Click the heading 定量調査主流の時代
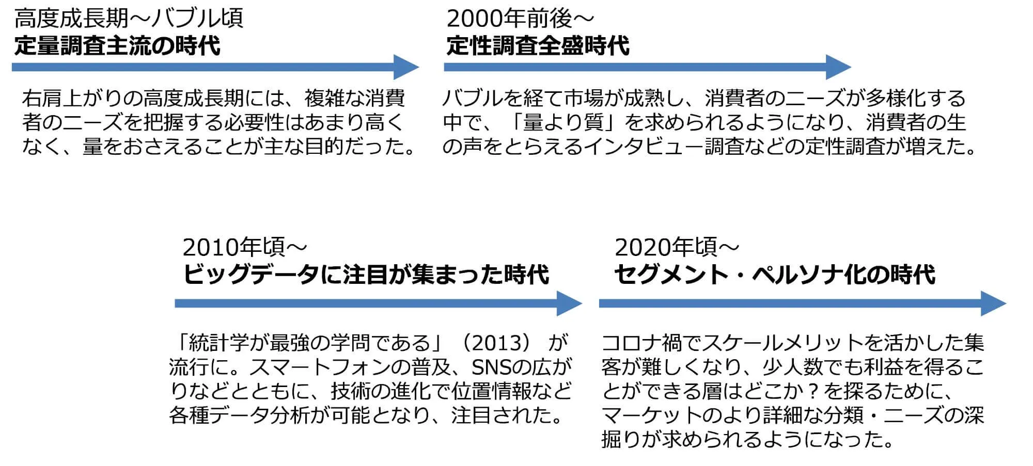click(x=117, y=45)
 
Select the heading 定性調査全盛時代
click(x=538, y=45)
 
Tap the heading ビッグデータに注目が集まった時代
click(x=366, y=274)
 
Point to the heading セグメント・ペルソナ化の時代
click(x=775, y=274)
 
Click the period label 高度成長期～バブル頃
click(x=129, y=19)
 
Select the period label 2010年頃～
click(x=245, y=247)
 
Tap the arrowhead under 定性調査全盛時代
click(x=838, y=67)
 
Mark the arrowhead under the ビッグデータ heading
click(x=570, y=303)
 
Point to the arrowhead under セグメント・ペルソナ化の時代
click(x=994, y=303)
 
